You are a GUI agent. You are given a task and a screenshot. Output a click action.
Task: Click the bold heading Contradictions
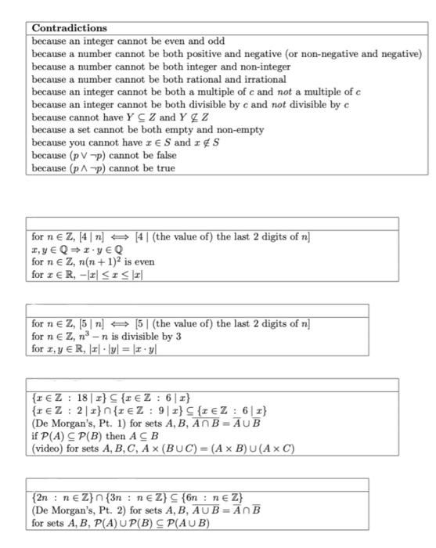click(x=70, y=28)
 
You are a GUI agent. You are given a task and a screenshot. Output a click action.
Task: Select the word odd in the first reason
click(x=214, y=41)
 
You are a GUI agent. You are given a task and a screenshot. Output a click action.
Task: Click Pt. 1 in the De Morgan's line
click(x=104, y=423)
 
